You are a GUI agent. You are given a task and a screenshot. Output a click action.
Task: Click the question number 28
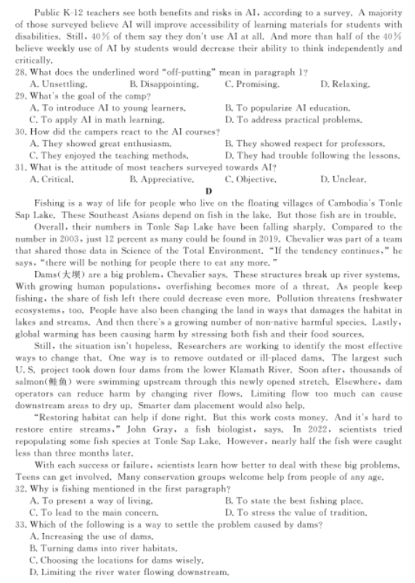(x=21, y=73)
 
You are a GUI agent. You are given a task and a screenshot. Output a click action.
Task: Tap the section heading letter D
(x=208, y=191)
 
